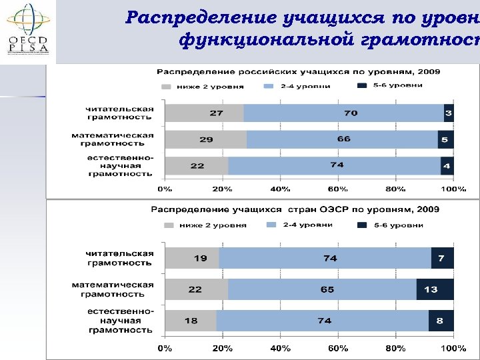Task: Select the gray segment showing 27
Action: (x=204, y=113)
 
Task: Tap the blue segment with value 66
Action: (x=342, y=139)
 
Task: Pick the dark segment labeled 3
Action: (x=449, y=113)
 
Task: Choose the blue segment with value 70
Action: (x=344, y=113)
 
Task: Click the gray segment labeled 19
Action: (x=192, y=258)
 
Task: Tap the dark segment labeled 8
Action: (x=441, y=321)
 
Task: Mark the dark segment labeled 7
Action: (x=442, y=258)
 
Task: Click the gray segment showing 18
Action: (x=191, y=321)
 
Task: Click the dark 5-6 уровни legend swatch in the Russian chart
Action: (x=363, y=86)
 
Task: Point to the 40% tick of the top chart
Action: (x=280, y=189)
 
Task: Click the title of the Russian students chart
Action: (x=298, y=71)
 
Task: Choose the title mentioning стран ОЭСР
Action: (x=295, y=209)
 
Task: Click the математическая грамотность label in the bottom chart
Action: (x=113, y=289)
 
